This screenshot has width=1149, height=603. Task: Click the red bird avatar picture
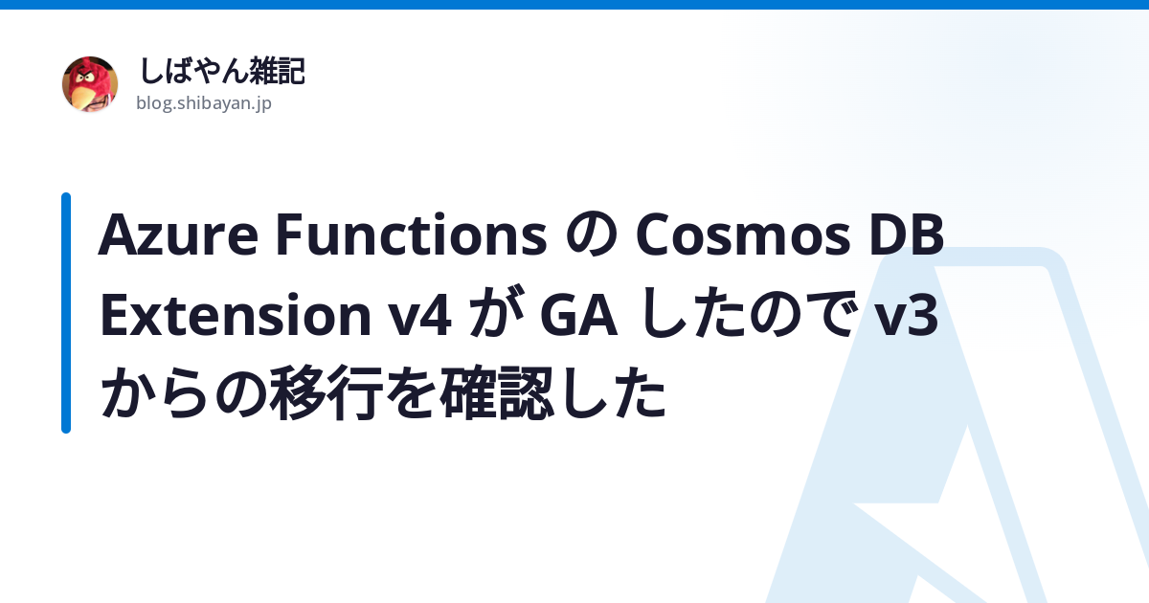[90, 84]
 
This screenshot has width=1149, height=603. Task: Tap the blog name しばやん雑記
[222, 71]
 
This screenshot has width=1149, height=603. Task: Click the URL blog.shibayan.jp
[204, 103]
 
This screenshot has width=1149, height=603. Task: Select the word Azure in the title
[178, 234]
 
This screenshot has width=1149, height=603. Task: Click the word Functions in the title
[412, 234]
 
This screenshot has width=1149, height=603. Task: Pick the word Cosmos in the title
[743, 234]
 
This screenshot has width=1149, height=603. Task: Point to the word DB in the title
[907, 234]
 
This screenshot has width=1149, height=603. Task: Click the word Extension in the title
[236, 314]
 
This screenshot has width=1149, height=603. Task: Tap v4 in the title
[419, 315]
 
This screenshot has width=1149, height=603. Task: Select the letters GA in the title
[578, 315]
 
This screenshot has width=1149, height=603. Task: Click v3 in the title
[907, 315]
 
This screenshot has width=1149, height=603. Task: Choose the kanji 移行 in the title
[327, 393]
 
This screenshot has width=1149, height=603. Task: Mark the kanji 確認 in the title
[497, 393]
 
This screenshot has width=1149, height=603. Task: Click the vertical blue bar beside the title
[66, 313]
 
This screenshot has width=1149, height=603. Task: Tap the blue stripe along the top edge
[574, 5]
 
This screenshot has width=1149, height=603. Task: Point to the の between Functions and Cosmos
[592, 235]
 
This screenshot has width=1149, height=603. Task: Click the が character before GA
[496, 313]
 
